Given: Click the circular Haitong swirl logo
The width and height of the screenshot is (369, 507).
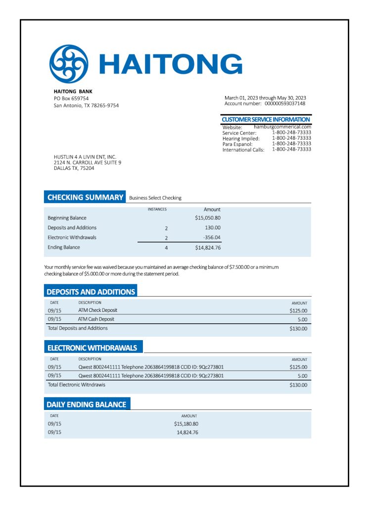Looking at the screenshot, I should (69, 64).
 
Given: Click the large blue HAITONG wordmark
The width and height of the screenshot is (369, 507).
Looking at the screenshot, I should (171, 64).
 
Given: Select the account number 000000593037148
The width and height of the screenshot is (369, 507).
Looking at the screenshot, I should (285, 103).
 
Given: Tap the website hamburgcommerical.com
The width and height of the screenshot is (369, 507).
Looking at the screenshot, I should (282, 127).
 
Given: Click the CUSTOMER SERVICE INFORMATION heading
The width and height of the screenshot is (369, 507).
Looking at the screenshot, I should (266, 119).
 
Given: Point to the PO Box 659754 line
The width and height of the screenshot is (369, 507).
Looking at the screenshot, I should (71, 99).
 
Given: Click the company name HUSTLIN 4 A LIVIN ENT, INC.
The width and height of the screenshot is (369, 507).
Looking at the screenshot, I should (85, 157).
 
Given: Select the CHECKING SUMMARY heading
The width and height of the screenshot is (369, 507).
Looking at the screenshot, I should (85, 198).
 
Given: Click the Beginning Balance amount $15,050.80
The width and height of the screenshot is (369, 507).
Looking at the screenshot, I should (208, 218).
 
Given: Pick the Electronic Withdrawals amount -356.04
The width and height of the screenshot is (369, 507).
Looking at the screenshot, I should (212, 238).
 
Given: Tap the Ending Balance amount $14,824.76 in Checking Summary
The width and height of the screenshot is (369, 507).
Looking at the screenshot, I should (208, 248).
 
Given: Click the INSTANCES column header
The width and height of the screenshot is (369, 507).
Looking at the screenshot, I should (157, 209).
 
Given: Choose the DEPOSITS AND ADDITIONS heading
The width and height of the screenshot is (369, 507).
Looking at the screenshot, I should (91, 292).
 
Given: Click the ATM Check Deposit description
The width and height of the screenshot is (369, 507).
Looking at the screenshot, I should (98, 310).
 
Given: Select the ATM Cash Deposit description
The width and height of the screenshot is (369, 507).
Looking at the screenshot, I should (96, 319).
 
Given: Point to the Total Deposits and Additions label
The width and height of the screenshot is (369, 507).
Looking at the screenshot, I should (78, 328).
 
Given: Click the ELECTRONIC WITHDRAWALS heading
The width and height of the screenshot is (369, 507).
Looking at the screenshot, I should (92, 348).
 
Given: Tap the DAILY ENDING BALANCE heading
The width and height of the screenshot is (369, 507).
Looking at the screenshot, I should (86, 405).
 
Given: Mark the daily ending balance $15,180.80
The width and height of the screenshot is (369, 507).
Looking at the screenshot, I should (186, 424).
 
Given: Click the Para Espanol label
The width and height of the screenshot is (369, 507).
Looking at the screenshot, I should (237, 144).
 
